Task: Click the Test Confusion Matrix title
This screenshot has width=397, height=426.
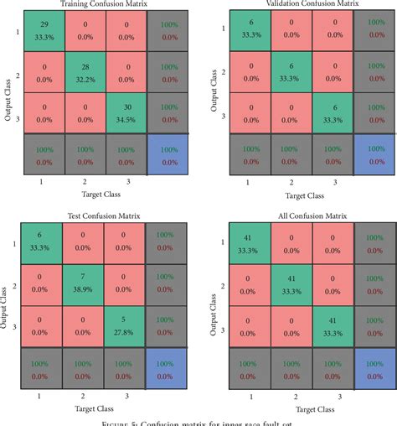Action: point(93,216)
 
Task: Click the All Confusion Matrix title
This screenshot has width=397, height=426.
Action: point(294,216)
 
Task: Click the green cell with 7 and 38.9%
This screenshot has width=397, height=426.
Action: point(85,291)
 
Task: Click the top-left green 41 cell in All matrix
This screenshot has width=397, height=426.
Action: point(249,245)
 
